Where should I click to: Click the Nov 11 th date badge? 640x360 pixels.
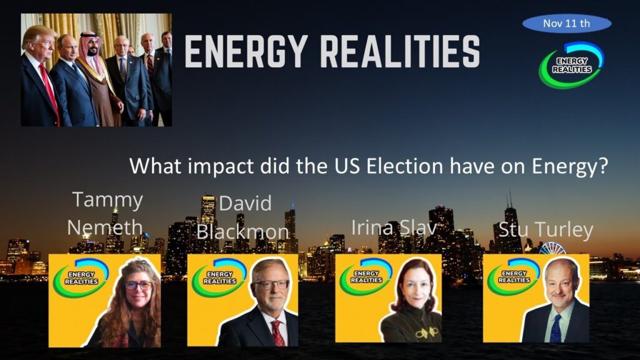point(566,23)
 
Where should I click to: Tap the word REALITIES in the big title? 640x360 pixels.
point(400,51)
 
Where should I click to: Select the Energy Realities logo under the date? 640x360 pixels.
point(571,65)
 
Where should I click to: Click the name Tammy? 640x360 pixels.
point(107,201)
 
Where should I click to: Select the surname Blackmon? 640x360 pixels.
point(242,232)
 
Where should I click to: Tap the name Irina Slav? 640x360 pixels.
point(394,227)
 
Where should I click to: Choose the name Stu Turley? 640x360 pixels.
point(546,229)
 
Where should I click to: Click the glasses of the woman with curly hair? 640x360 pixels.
point(138,285)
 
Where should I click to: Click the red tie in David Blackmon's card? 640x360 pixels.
point(278,333)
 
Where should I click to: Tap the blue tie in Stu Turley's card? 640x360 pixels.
point(556,328)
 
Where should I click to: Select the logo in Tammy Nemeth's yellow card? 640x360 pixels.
point(81,277)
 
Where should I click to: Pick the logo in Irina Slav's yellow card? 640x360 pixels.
point(366,276)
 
